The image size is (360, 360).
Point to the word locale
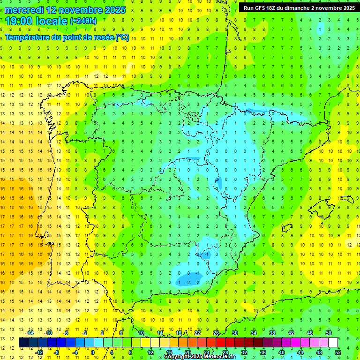(52, 21)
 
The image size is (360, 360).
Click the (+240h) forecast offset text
(83, 21)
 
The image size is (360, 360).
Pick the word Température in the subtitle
(29, 37)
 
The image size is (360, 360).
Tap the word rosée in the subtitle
(102, 37)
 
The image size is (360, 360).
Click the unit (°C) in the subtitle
(122, 37)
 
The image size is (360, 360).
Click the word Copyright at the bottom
(177, 357)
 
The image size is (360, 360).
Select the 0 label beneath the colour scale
(93, 352)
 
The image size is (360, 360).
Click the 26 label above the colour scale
(216, 332)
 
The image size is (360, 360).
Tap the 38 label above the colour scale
(272, 332)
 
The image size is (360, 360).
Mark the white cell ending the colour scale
(333, 342)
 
